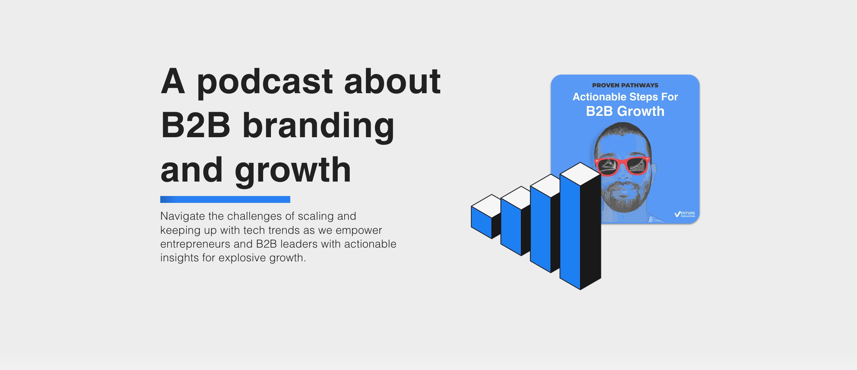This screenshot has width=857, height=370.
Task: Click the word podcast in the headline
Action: pos(264,83)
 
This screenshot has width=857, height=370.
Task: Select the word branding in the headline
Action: pos(318,128)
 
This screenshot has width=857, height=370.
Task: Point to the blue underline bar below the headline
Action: pos(225,199)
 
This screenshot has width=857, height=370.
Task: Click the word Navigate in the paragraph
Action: pos(183,217)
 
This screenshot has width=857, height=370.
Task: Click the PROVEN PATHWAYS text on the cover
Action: pos(625,85)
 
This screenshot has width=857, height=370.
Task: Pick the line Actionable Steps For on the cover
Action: pos(625,97)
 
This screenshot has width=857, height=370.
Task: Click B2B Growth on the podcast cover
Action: pos(625,111)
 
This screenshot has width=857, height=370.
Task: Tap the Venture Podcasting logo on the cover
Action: pos(685,214)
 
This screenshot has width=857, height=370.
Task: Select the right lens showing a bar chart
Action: pos(637,165)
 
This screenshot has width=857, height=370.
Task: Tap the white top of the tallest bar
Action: pos(580,174)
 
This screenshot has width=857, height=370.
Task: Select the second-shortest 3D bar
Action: pos(516,221)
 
